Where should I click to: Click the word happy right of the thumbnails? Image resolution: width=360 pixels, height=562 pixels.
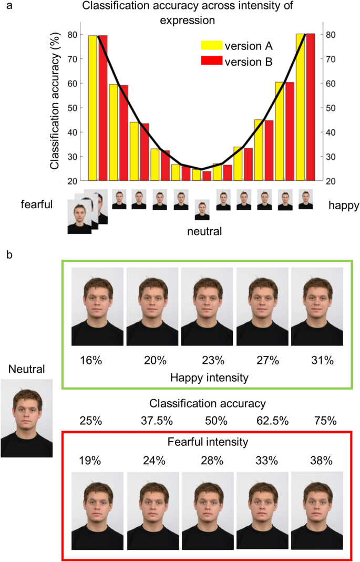point(344,205)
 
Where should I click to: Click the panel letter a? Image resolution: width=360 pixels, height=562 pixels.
point(7,6)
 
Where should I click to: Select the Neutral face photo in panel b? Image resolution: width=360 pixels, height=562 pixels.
point(26,418)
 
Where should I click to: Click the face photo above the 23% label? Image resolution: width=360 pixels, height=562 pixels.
point(207,306)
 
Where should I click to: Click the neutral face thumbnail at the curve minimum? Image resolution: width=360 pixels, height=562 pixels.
point(202,210)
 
